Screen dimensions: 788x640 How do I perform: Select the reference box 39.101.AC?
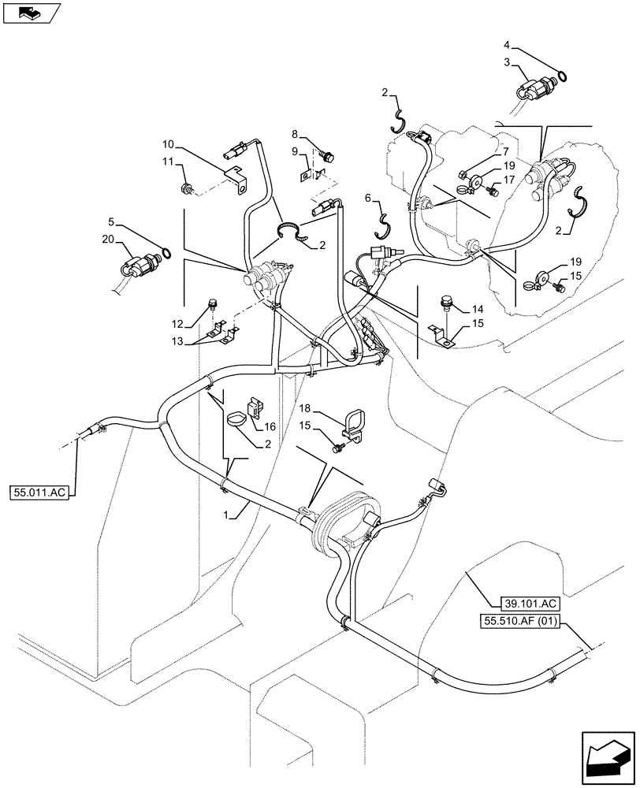[528, 604]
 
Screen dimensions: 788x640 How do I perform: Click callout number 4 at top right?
[507, 46]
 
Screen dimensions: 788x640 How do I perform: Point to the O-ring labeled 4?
[560, 76]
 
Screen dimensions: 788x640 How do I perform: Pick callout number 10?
[168, 145]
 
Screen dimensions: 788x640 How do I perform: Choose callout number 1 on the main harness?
[228, 515]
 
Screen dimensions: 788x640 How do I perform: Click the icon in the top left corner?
[32, 13]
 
